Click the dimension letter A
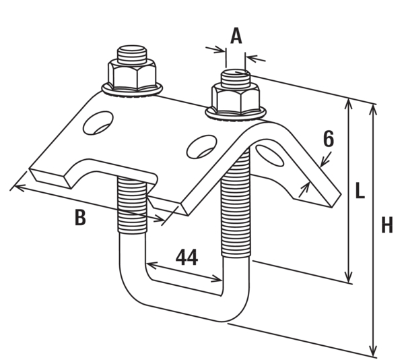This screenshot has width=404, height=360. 236,36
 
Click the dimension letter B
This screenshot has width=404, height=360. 80,218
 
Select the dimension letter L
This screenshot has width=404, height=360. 360,191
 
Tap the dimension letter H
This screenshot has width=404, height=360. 387,225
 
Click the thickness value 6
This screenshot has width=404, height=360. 329,139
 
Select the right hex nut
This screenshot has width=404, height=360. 236,98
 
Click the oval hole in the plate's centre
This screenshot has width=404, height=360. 202,145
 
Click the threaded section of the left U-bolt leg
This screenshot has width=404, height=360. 133,205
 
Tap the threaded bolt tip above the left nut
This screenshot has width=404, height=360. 132,53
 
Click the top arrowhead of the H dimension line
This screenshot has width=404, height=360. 374,109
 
